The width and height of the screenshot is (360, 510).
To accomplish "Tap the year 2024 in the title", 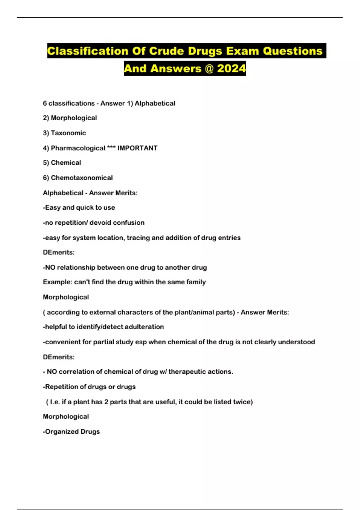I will click(231, 69).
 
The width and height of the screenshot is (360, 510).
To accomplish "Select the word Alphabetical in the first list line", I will click(155, 103).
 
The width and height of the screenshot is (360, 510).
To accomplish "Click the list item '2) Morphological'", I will click(70, 118).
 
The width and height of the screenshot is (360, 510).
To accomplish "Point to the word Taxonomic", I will click(68, 133).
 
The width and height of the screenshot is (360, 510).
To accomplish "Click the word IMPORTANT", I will click(137, 148).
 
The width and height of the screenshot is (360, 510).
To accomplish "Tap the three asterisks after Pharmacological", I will click(111, 147).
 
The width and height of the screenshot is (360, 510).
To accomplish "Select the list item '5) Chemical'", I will click(62, 163).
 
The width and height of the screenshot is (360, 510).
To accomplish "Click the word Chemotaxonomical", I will click(82, 178).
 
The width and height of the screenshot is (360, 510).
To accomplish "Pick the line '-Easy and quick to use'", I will click(79, 207).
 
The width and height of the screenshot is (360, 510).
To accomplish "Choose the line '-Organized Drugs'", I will click(71, 431).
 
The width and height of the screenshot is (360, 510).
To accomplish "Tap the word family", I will click(196, 282).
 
